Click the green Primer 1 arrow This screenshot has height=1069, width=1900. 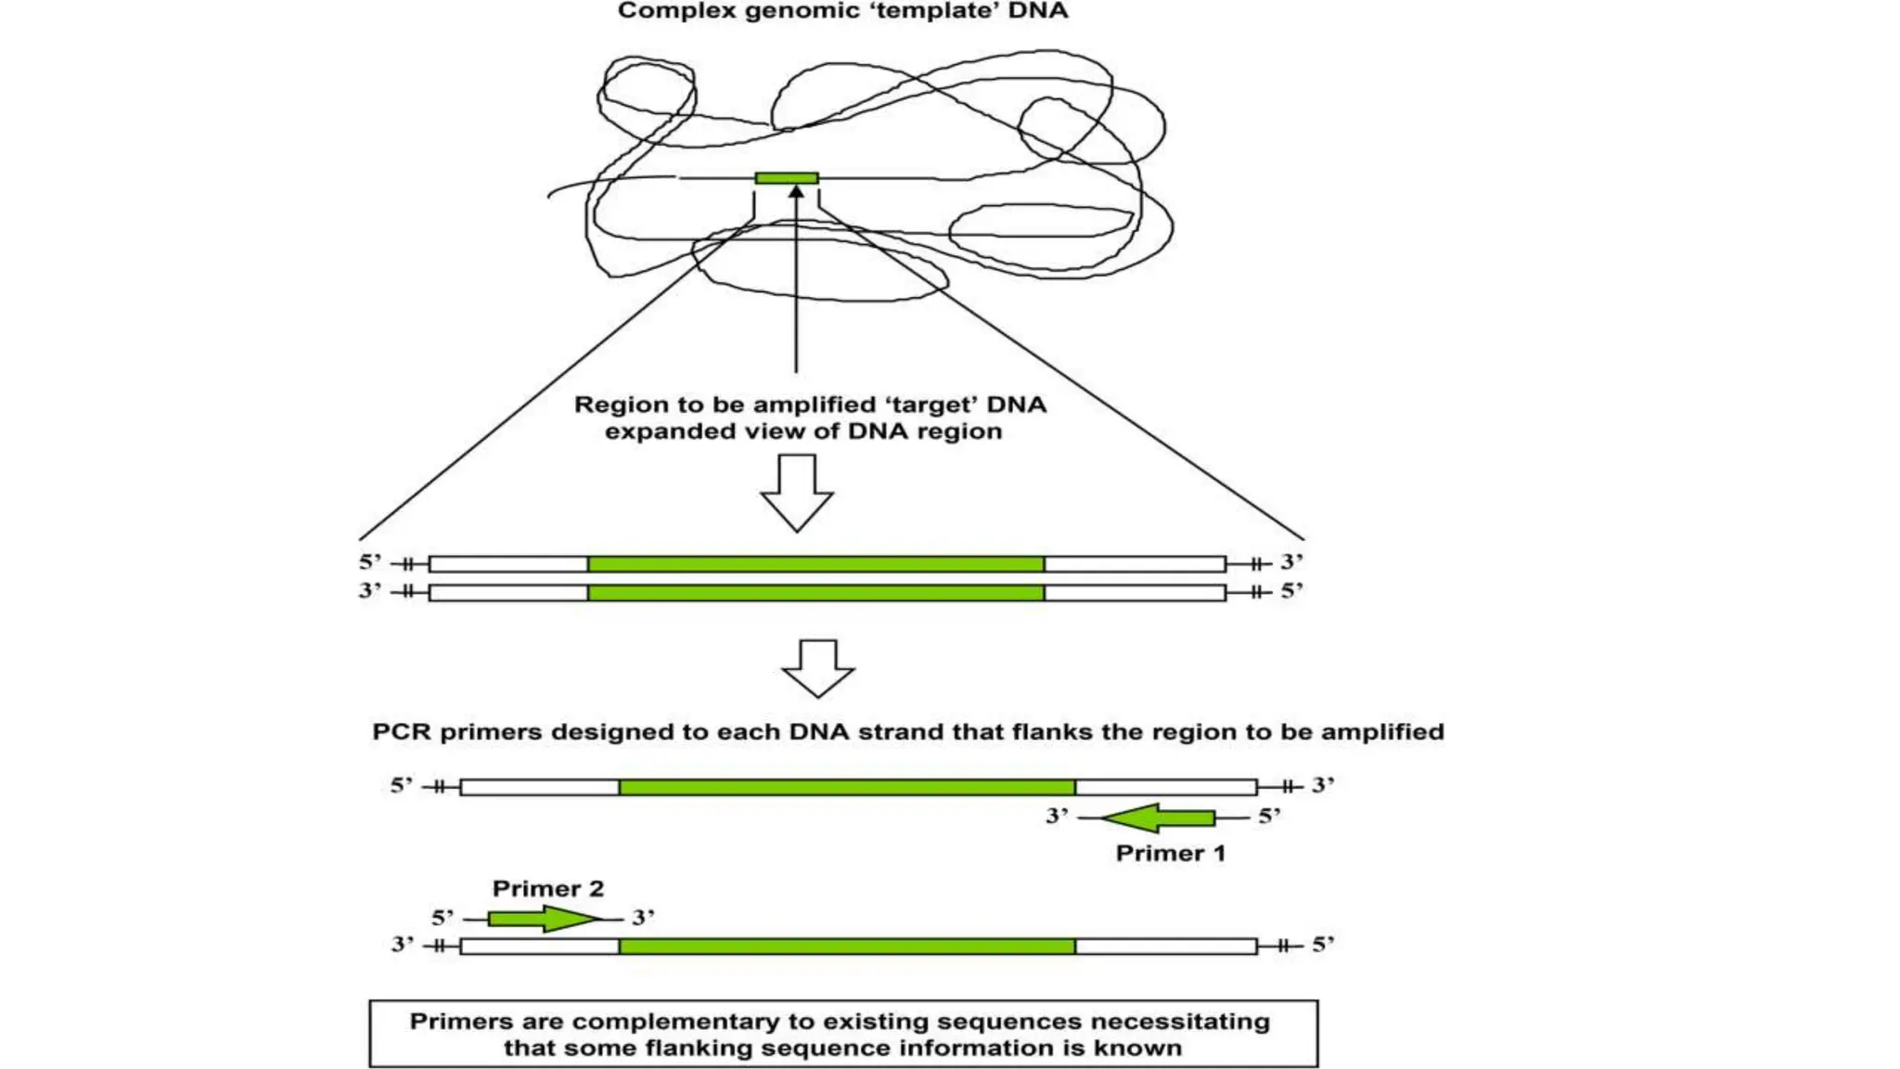click(1160, 818)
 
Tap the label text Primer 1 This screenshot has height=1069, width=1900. click(1170, 853)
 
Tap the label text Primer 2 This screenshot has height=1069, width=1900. click(547, 888)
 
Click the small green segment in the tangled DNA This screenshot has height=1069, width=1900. click(786, 177)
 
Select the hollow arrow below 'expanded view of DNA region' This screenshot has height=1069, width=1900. click(796, 493)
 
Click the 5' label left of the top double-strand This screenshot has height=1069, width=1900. click(370, 561)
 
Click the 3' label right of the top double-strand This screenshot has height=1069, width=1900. click(1291, 561)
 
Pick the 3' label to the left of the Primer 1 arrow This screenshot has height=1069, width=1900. click(1057, 816)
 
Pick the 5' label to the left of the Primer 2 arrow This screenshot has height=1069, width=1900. click(443, 918)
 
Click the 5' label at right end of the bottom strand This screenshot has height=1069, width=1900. click(1322, 945)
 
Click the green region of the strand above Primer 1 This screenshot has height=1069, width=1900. click(846, 787)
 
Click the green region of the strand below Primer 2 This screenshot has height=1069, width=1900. click(846, 946)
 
